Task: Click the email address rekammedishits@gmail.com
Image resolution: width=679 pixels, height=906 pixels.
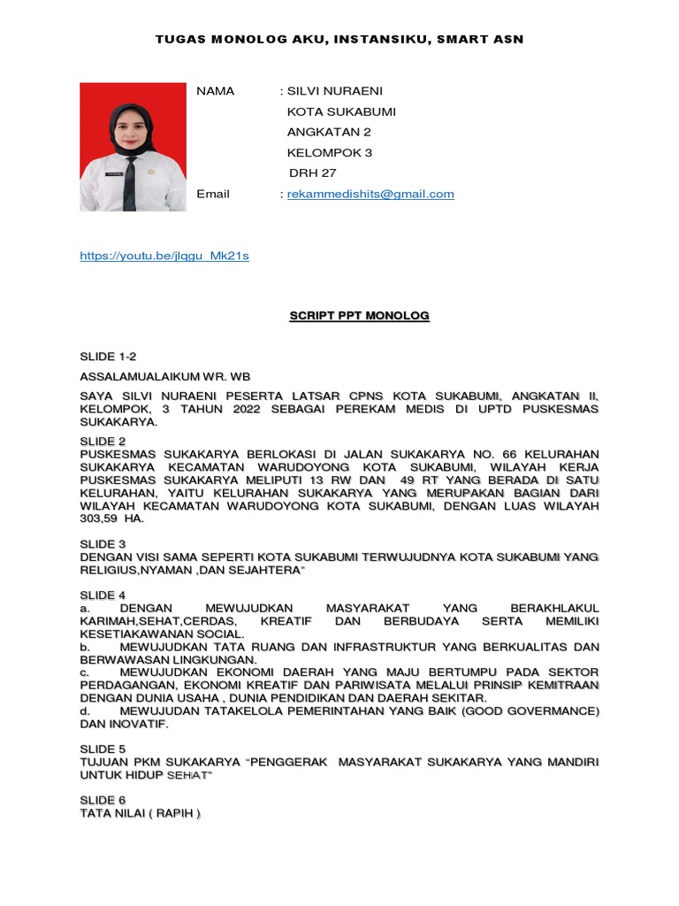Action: coord(370,194)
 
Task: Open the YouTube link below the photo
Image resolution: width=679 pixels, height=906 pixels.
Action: coord(164,256)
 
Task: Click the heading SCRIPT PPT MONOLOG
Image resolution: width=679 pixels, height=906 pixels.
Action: coord(359,316)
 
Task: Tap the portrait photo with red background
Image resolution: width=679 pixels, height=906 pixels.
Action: coord(133,147)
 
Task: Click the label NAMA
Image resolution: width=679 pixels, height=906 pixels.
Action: coord(215,91)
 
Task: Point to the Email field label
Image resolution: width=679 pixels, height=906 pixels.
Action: coord(213,194)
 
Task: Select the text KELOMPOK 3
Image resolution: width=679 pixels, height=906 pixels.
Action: coord(330,152)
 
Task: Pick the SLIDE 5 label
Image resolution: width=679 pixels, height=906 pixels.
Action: coord(103,749)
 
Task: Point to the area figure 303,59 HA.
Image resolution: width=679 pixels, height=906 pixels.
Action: coord(111,519)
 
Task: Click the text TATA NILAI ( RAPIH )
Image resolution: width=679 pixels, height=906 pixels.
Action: coord(141,813)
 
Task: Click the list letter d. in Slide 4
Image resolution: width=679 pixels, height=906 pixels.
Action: coord(84,710)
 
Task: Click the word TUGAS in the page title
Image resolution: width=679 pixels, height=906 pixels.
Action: coord(177,39)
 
